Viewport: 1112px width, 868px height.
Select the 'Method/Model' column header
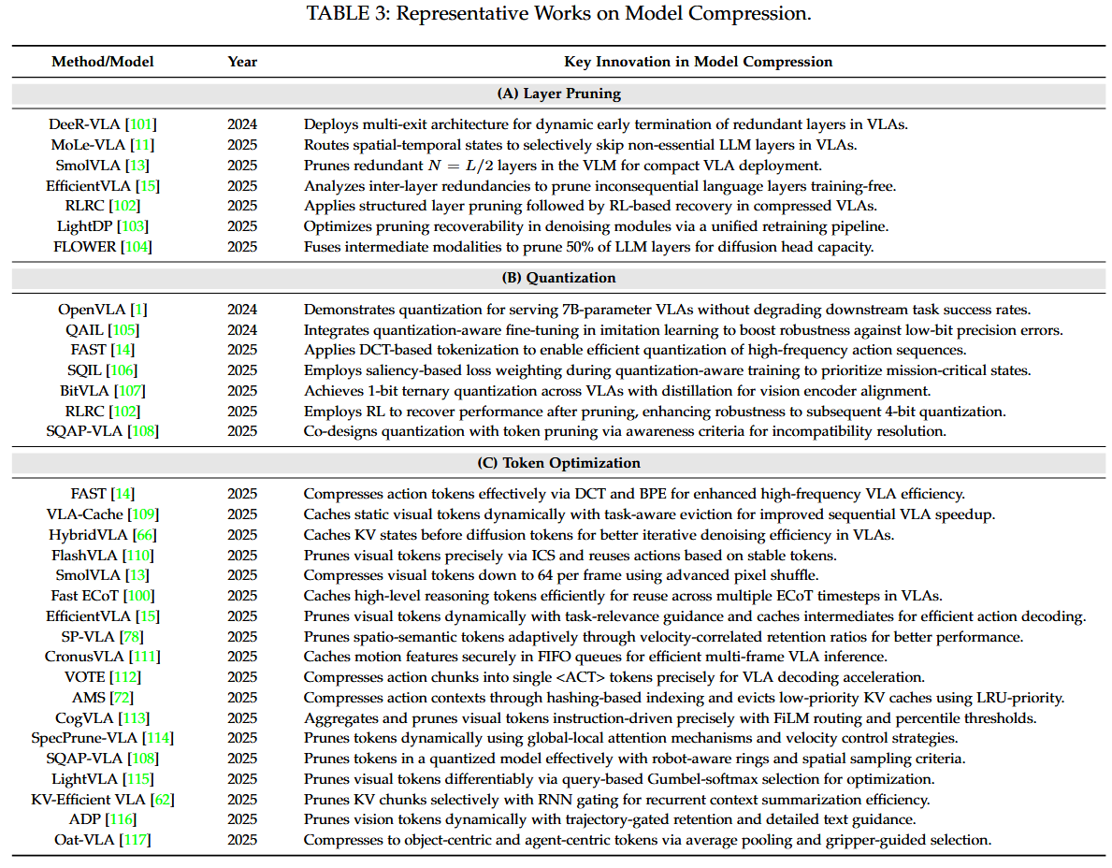[103, 62]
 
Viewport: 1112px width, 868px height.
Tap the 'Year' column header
[242, 62]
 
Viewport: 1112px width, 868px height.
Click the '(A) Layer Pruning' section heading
[558, 94]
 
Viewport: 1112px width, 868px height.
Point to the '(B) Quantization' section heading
[558, 278]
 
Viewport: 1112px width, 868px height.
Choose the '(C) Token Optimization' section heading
[558, 463]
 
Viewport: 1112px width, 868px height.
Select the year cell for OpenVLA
[242, 310]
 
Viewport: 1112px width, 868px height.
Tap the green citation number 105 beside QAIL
[123, 330]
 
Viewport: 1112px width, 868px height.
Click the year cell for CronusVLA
[242, 657]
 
